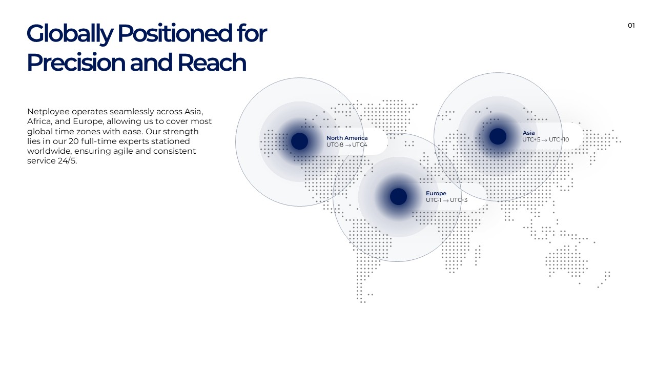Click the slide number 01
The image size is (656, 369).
tap(631, 26)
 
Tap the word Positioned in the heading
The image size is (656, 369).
tap(175, 33)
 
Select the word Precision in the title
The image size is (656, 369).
tap(76, 63)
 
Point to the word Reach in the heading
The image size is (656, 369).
tap(212, 63)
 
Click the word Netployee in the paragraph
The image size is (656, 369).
tap(48, 112)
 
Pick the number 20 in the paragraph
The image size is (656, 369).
tap(74, 141)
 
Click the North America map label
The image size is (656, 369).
tap(347, 138)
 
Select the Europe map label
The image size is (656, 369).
tap(436, 193)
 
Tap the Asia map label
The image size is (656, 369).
tap(528, 133)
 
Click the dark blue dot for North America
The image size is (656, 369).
tap(299, 141)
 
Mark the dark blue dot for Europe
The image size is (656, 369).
tap(398, 196)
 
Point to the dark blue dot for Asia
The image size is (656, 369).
tap(498, 136)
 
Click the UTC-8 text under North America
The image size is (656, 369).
tap(335, 145)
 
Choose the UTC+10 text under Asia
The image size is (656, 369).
tap(559, 140)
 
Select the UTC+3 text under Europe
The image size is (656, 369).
tap(459, 200)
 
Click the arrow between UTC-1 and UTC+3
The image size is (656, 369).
tap(446, 200)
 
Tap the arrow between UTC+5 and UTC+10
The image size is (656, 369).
tap(544, 140)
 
